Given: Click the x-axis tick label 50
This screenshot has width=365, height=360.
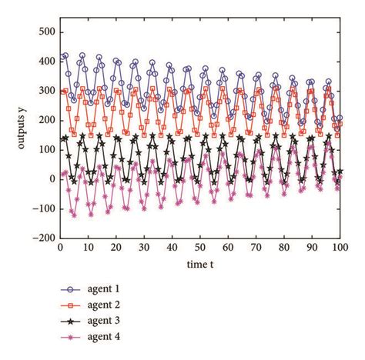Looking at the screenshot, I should click(x=200, y=248).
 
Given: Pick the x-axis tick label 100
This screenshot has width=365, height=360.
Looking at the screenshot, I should click(x=340, y=248).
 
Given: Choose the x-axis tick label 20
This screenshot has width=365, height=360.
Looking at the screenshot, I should click(x=116, y=248).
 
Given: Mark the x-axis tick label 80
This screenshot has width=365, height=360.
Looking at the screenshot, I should click(x=284, y=248).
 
